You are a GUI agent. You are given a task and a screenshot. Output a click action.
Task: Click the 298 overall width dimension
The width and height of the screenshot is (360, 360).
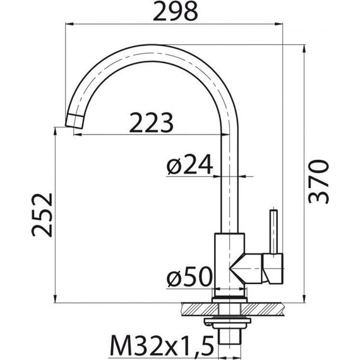175,12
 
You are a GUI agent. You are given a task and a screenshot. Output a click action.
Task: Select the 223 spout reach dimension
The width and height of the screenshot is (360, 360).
151,123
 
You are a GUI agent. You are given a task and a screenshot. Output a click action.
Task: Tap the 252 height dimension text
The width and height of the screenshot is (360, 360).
42,215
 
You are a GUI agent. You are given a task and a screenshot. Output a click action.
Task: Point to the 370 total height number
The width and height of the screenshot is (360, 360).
318,182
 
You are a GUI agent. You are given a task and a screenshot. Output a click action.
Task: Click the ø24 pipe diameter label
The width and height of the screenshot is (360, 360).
189,164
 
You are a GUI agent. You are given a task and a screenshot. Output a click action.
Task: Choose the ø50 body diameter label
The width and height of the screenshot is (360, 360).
189,277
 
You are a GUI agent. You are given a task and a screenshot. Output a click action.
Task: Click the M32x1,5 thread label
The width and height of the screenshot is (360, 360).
162,345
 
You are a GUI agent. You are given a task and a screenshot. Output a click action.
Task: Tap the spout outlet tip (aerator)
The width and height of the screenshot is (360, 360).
75,121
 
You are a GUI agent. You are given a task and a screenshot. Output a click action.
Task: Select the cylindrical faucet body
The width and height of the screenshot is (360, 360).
229,265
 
